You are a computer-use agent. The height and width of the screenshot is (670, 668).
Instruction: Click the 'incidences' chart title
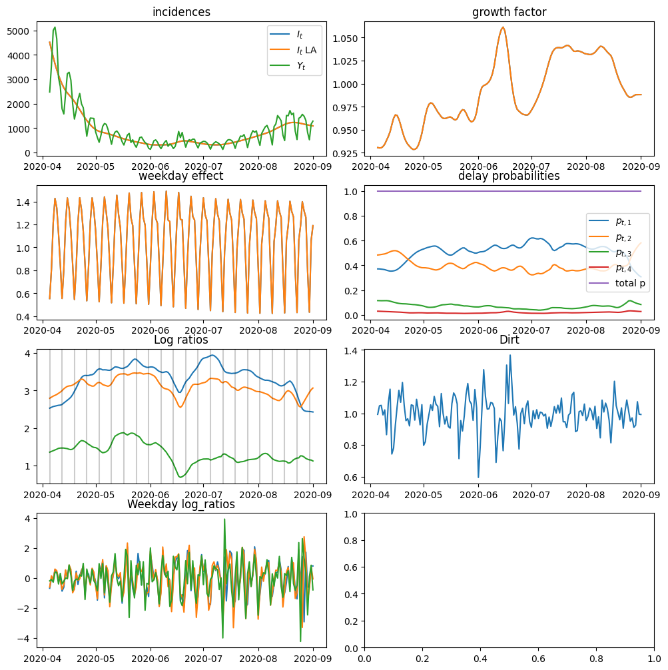181,12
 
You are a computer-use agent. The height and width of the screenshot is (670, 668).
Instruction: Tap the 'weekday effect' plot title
181,176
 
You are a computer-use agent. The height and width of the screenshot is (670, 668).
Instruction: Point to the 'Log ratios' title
181,340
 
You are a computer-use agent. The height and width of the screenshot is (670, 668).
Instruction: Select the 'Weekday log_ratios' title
181,504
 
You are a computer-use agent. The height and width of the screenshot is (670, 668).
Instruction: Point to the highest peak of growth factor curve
503,27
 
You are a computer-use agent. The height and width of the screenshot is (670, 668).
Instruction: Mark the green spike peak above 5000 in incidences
55,27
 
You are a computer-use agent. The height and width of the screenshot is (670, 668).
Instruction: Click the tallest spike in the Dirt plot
510,355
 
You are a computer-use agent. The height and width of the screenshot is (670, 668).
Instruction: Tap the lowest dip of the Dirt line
478,477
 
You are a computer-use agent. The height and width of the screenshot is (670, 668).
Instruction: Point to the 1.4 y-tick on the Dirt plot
352,351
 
